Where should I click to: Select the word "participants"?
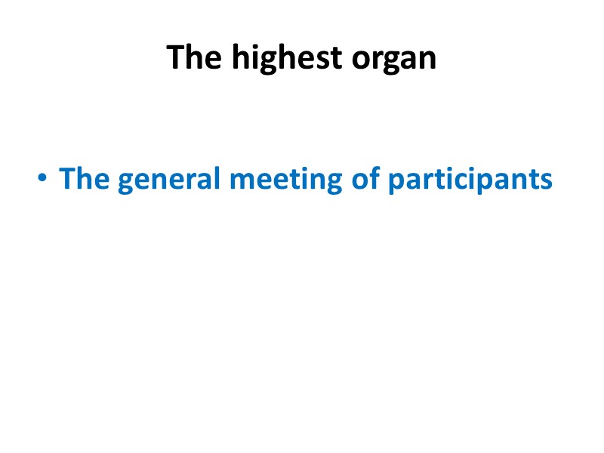[x=470, y=180]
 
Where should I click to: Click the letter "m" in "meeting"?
[x=244, y=180]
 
